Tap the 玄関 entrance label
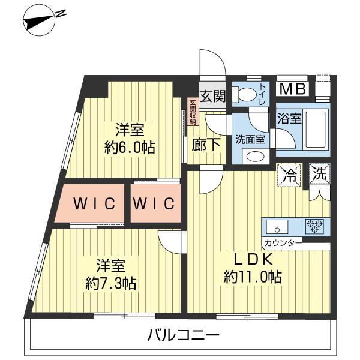coord(212,96)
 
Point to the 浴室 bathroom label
coord(289,119)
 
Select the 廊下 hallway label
coord(205,145)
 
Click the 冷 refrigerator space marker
coord(289,176)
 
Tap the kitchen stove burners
coord(314,226)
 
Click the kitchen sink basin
coord(277,227)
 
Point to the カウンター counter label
coord(281,244)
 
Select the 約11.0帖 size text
coord(253,277)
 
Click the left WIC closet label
coord(94,204)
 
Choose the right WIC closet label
coord(154,204)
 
